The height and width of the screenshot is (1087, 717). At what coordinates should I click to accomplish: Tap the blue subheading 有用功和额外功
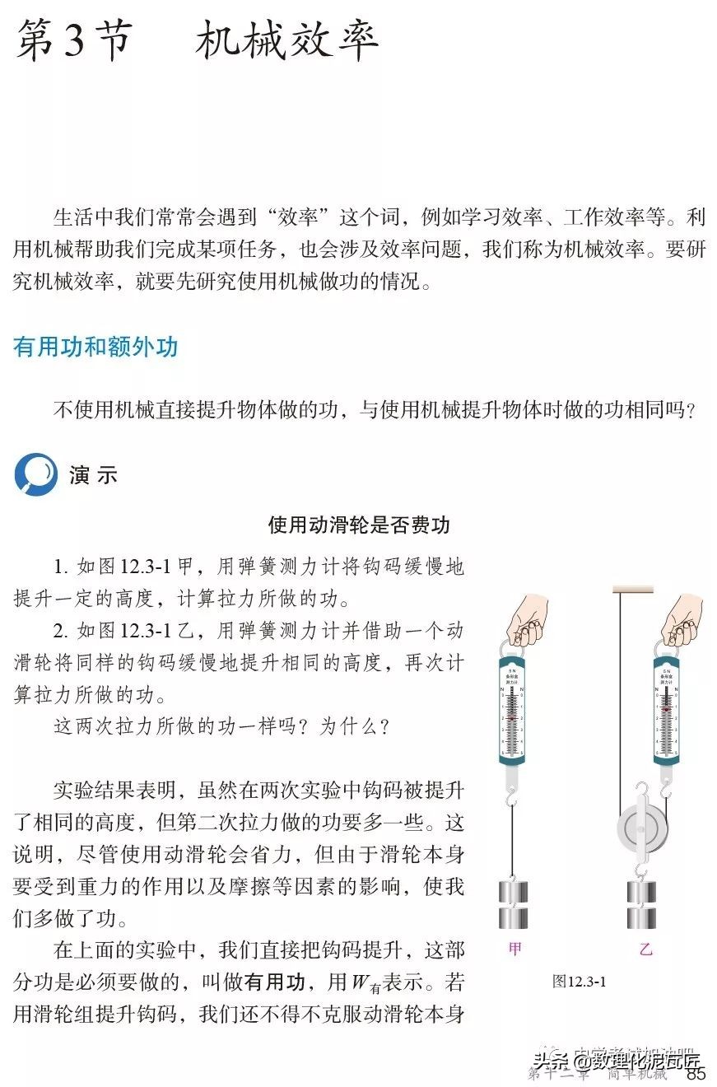pos(95,347)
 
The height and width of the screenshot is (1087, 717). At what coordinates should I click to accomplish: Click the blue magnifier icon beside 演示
pos(35,474)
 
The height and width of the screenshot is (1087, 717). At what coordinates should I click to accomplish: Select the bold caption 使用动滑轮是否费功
pos(359,525)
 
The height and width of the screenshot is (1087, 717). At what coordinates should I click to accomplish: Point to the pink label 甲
pos(514,949)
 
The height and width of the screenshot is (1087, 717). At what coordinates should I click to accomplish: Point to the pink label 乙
pos(645,949)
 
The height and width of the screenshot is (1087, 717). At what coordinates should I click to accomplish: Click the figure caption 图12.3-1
pos(580,981)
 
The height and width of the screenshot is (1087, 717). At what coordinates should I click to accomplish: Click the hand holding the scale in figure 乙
pos(682,619)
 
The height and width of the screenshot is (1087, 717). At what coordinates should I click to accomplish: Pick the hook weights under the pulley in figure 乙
pos(645,904)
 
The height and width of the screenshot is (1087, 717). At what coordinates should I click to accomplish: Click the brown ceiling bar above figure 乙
pos(632,589)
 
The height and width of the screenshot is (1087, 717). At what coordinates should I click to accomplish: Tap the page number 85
pos(696,1073)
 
